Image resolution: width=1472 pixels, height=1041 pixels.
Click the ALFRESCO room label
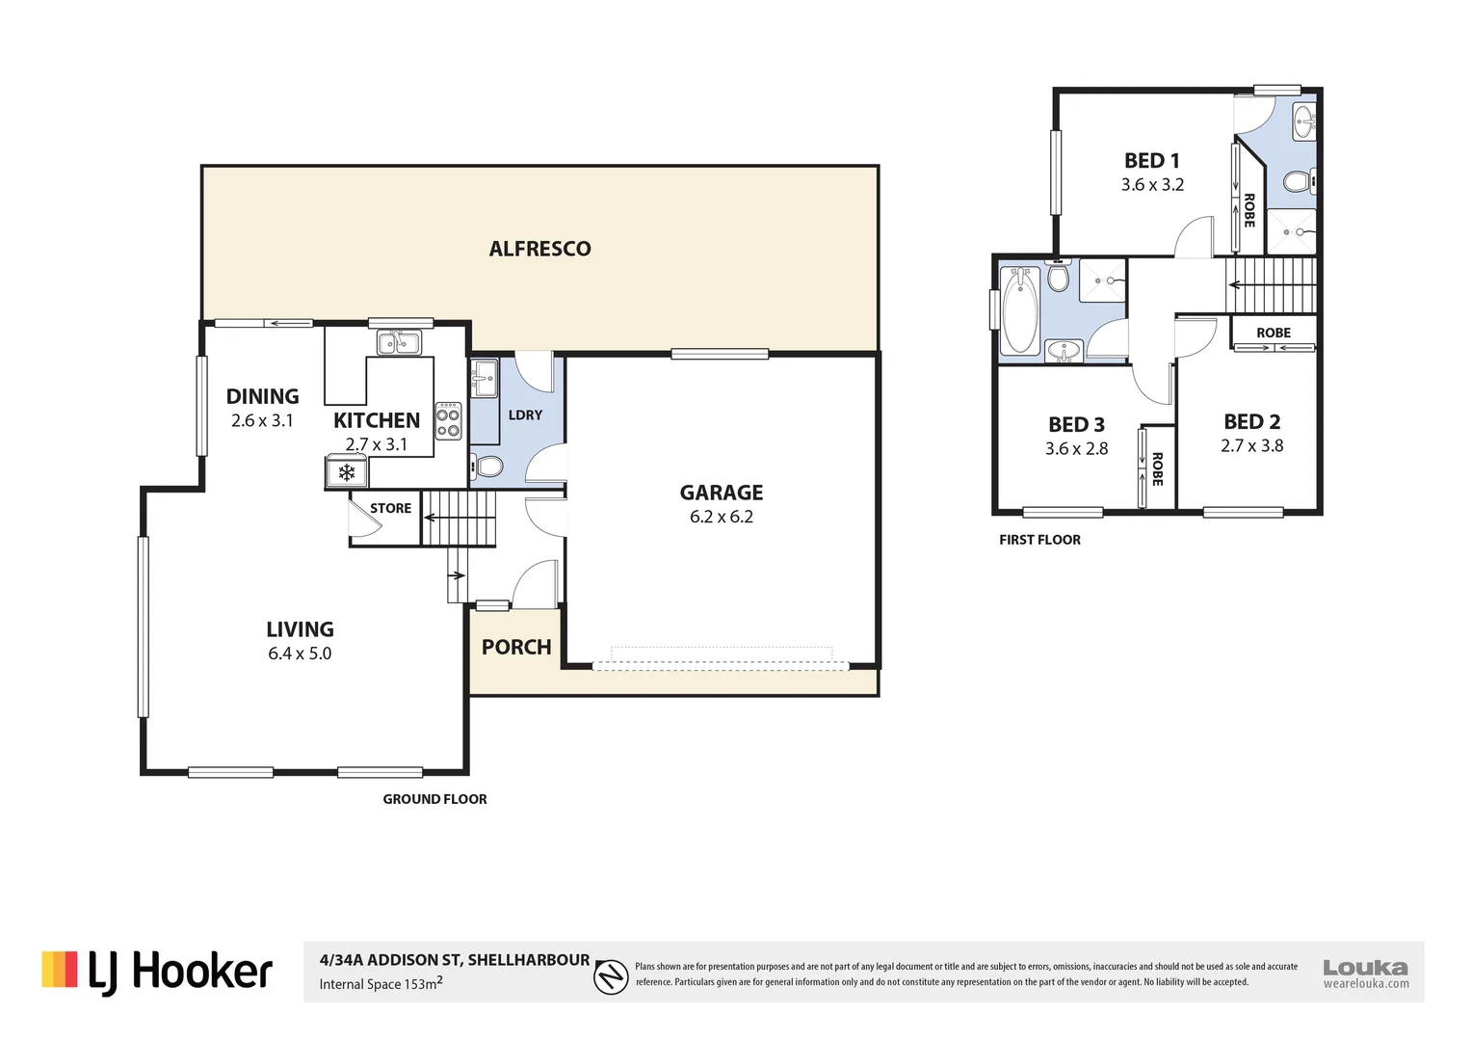tap(539, 249)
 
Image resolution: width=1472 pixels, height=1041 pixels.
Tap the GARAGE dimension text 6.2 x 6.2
tap(721, 517)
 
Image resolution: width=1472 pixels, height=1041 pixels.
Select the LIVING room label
tap(300, 629)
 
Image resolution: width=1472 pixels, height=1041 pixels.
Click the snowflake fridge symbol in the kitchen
tap(346, 472)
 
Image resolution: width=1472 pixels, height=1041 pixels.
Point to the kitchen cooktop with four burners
tap(448, 421)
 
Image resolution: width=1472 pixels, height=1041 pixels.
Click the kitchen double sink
tap(398, 341)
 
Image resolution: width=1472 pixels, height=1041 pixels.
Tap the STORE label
tap(390, 508)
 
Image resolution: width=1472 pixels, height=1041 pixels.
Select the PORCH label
tap(516, 647)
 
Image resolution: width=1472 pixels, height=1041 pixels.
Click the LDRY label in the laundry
tap(525, 414)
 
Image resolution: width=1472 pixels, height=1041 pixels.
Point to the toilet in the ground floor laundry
tap(487, 467)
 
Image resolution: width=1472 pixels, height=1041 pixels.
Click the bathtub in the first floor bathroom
tap(1019, 310)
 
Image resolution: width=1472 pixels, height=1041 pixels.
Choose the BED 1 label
tap(1151, 161)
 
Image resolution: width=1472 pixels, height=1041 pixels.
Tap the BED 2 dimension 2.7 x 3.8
tap(1251, 445)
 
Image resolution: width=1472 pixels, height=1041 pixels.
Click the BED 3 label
tap(1076, 424)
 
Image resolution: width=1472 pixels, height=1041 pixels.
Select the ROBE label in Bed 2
tap(1273, 333)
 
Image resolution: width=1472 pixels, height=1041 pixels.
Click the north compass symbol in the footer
tap(611, 977)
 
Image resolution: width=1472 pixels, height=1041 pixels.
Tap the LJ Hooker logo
tap(157, 972)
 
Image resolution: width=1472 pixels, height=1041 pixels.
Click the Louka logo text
tap(1365, 967)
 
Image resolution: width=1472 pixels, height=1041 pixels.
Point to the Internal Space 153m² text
tap(381, 984)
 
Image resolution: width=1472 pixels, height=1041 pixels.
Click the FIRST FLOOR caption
tap(1039, 540)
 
